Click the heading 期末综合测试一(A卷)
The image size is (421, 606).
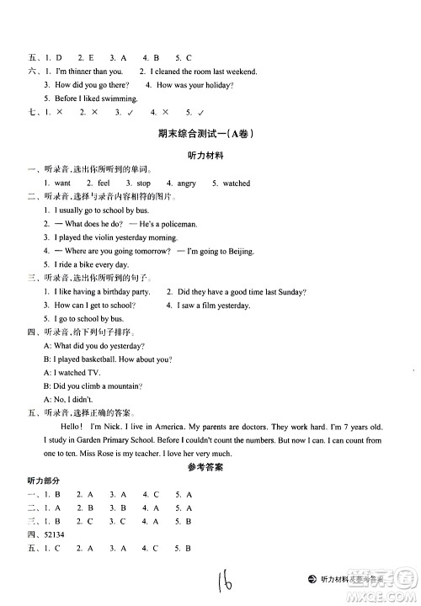click(205, 135)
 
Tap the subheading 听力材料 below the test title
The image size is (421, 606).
click(205, 157)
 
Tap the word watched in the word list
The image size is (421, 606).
click(236, 183)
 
